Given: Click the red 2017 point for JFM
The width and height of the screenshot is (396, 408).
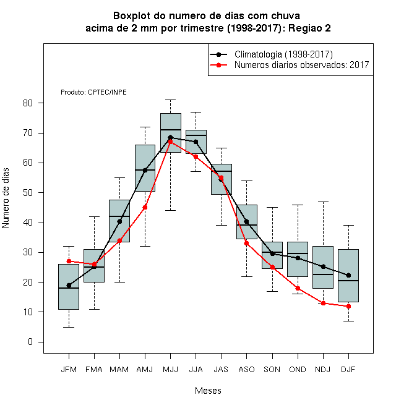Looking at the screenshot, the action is tap(69, 261).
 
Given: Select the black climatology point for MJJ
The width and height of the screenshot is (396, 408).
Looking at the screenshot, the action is tap(170, 137).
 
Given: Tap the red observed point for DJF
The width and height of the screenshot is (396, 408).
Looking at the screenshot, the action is tap(348, 306).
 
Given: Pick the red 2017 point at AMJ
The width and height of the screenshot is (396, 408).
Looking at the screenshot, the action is tap(145, 207).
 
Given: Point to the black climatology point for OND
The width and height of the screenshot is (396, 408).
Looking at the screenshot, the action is tap(298, 258).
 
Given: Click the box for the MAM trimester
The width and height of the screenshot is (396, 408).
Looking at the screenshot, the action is tap(119, 221).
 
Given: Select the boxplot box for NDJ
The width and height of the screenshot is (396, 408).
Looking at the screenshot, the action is tap(323, 267).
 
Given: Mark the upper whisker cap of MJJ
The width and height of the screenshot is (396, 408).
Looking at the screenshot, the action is tap(170, 100).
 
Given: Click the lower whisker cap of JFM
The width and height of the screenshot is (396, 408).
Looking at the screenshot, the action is tap(69, 327).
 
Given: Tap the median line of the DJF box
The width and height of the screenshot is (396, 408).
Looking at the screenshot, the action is tap(348, 281).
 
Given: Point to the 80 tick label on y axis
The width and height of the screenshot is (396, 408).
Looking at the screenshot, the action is tap(28, 103).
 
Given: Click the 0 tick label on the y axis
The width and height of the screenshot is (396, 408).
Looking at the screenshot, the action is tap(30, 342).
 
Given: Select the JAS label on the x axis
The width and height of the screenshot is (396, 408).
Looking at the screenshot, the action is tap(221, 369).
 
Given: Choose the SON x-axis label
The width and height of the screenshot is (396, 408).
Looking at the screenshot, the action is tap(272, 369).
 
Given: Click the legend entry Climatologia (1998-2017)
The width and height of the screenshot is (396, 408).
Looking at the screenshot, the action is tap(283, 54).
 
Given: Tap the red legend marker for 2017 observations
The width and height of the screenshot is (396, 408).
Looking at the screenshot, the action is tap(219, 65).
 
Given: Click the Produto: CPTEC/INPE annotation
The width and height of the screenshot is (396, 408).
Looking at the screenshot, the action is tap(93, 92).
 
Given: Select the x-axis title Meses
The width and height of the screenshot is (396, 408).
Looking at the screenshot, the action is tap(208, 391).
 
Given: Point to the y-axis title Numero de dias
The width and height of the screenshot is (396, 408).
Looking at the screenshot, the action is tap(6, 198).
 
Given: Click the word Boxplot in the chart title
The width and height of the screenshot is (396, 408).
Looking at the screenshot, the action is tap(132, 16).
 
